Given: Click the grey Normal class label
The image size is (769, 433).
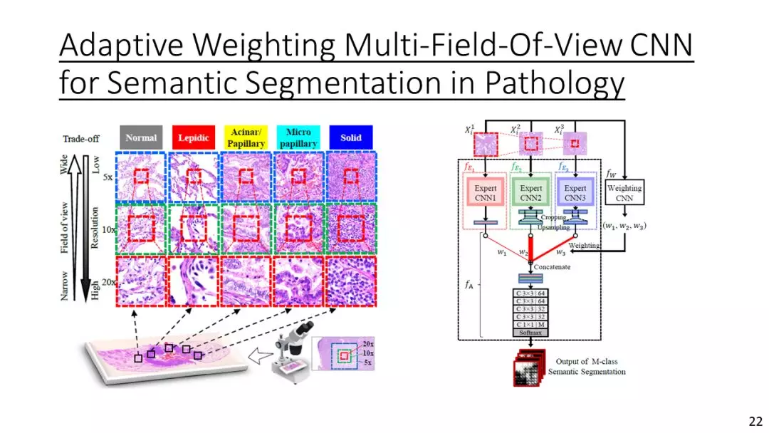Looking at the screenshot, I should (x=141, y=137).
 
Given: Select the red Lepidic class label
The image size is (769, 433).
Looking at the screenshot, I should (x=192, y=137).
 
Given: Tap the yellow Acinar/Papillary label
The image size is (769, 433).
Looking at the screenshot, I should (x=246, y=137).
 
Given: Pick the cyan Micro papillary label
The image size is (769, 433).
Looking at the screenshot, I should (x=298, y=137).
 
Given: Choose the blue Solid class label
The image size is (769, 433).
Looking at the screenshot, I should (x=350, y=137).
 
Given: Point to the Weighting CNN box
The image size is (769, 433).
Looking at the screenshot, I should (x=624, y=193).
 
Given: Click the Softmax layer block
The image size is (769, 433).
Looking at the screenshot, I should (x=530, y=333).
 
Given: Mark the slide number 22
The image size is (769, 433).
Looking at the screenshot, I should (x=755, y=421).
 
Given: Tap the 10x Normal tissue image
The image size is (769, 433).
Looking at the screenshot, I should (x=141, y=229).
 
